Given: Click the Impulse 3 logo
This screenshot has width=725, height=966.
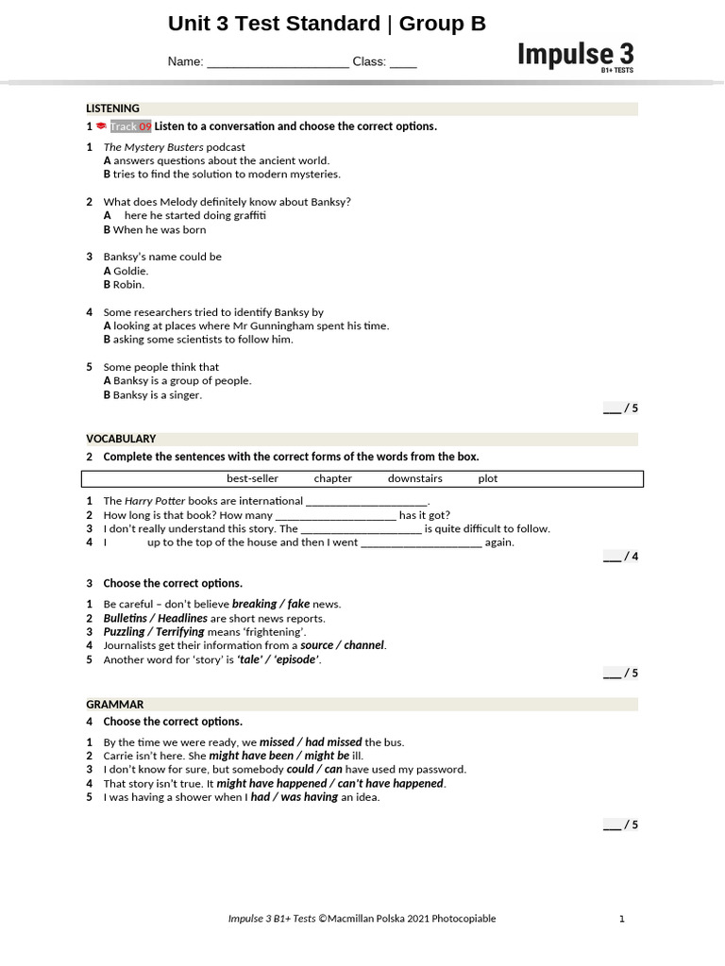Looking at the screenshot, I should click(x=575, y=56).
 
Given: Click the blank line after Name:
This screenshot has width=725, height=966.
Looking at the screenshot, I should click(x=278, y=63).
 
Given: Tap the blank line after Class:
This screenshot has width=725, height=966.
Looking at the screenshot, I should click(x=403, y=63).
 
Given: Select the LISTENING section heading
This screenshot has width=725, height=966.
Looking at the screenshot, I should click(x=113, y=108).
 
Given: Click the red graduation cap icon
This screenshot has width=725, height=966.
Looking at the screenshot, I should click(x=101, y=126).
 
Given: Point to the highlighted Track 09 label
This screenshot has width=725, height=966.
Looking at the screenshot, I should click(x=130, y=126).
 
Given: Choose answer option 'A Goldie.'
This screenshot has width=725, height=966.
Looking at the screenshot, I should click(x=126, y=271).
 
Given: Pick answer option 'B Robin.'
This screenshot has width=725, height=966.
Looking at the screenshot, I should click(x=124, y=284).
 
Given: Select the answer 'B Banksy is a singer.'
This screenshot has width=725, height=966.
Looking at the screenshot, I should click(x=153, y=395).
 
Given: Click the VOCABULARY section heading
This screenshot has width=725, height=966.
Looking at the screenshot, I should click(x=121, y=439).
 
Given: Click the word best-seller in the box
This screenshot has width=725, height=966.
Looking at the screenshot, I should click(x=252, y=478).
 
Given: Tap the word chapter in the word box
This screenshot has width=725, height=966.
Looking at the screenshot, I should click(x=333, y=478).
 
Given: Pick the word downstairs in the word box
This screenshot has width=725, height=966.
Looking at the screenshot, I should click(x=414, y=478).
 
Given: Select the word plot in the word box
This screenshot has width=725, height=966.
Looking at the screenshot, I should click(x=487, y=478).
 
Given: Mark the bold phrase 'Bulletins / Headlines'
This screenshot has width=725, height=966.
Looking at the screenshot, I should click(x=155, y=618).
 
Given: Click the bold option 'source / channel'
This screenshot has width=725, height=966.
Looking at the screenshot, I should click(x=343, y=645).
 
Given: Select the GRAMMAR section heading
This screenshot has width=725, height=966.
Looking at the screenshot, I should click(x=115, y=705).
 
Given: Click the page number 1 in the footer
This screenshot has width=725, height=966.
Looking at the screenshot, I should click(x=621, y=918).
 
